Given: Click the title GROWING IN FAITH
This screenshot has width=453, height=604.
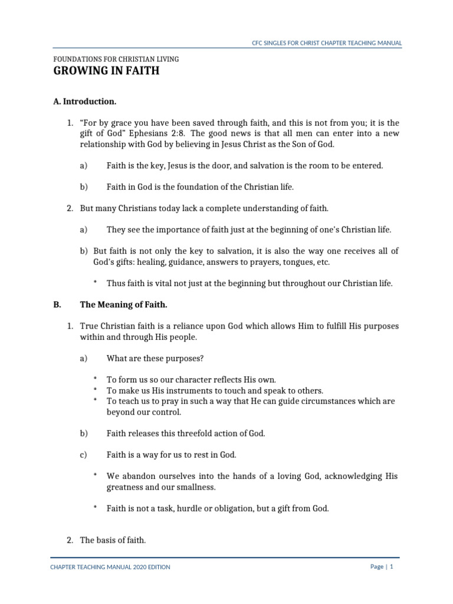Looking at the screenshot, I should (106, 72).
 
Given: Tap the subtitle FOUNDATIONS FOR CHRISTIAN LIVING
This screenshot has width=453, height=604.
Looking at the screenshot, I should (116, 60).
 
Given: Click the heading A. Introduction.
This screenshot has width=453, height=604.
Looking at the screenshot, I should (84, 101).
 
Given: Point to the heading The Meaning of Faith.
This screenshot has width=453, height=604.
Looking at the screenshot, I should (123, 305).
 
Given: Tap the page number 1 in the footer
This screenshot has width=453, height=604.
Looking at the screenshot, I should (391, 567).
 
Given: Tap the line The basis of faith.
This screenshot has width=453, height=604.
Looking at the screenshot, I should (113, 540).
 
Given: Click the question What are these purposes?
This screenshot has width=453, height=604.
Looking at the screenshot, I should (155, 358).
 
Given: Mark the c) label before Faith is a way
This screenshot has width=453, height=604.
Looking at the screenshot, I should (83, 455).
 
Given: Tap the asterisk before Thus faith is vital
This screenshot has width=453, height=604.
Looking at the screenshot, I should (94, 283).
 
